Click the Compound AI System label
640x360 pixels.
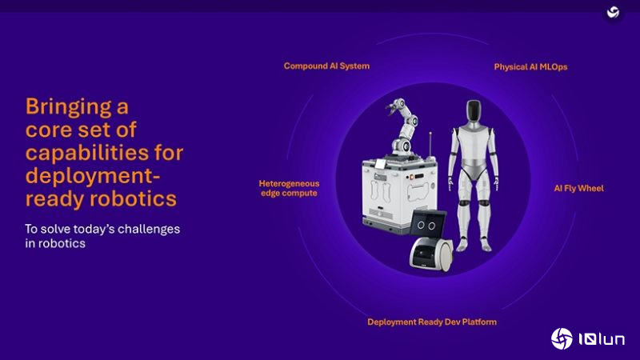326,66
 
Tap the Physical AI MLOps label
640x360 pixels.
530,67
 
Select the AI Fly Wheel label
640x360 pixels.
578,189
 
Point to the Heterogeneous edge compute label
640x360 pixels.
288,188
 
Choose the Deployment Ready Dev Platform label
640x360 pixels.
432,322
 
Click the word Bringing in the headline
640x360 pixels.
66,106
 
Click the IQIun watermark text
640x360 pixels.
601,340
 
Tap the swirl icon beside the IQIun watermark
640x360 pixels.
562,339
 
